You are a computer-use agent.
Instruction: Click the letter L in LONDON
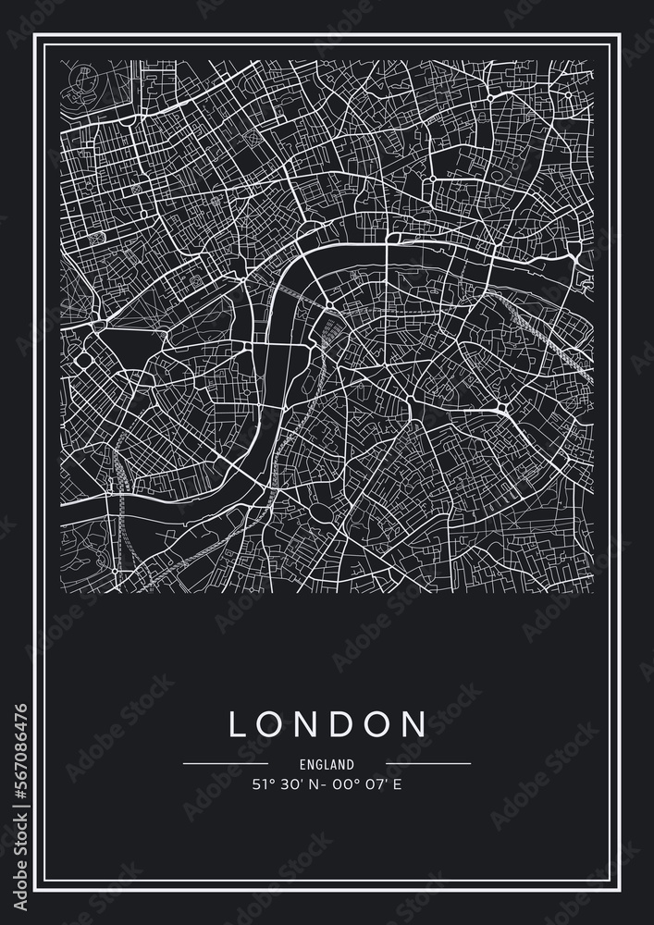click(x=239, y=723)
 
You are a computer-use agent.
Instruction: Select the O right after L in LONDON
click(x=272, y=723)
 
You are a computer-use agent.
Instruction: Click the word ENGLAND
click(x=327, y=765)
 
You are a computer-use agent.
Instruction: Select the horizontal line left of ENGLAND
click(x=226, y=764)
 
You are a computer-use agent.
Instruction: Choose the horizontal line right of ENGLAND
click(x=427, y=764)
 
